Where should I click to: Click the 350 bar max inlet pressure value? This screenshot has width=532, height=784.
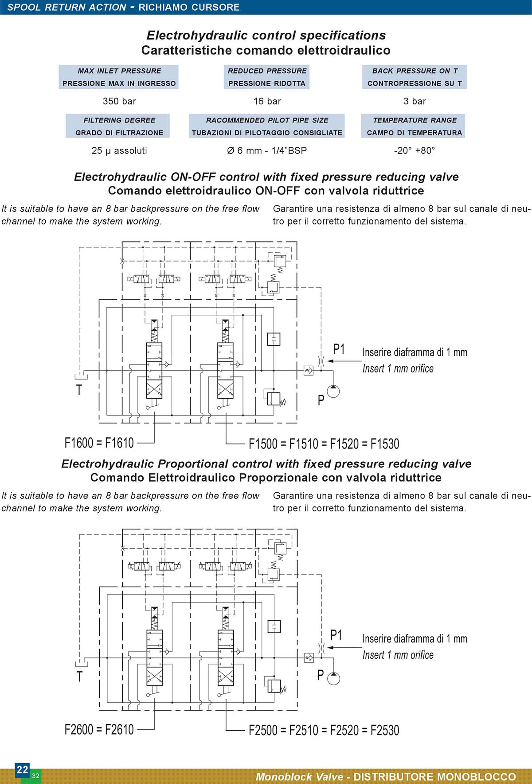click(119, 101)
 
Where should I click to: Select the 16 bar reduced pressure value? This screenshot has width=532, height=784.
click(267, 101)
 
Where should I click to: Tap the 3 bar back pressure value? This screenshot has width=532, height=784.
click(415, 101)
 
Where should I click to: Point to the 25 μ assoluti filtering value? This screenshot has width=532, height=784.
click(119, 150)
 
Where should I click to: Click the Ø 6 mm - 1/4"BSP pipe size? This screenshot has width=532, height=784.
click(267, 150)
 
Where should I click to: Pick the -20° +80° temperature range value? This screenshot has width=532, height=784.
click(415, 150)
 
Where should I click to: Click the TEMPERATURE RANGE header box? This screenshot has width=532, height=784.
click(413, 126)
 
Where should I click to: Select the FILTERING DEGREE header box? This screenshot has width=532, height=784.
click(118, 126)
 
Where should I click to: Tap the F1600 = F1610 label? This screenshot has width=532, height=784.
click(99, 443)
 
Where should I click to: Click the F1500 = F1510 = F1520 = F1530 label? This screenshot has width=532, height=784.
click(324, 443)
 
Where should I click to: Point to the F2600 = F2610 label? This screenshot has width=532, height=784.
click(99, 729)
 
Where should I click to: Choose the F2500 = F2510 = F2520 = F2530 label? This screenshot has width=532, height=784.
click(324, 730)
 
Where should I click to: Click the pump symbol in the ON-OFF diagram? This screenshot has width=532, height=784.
click(333, 392)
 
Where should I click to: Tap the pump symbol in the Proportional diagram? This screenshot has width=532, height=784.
click(333, 678)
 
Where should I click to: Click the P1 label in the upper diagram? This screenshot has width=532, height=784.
click(339, 349)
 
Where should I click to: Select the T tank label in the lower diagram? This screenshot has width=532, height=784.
click(80, 677)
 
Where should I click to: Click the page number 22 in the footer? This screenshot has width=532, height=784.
click(22, 769)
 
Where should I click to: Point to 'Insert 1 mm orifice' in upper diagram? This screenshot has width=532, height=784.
click(398, 368)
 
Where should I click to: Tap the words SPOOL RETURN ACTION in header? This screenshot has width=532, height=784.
click(67, 7)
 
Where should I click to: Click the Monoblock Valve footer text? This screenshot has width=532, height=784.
click(300, 777)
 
